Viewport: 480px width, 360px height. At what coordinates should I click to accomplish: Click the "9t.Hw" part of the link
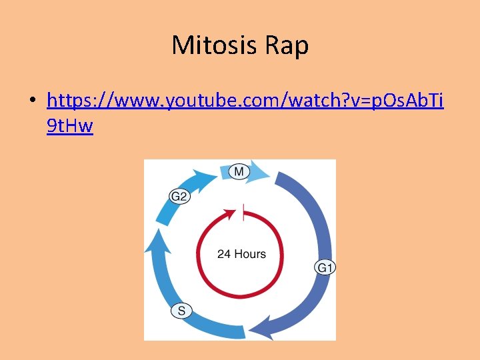pos(70,125)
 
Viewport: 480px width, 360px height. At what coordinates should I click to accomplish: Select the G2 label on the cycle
pos(179,197)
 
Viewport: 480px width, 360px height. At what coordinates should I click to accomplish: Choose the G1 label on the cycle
pos(325,268)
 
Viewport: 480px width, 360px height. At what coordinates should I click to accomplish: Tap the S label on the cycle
pos(182,310)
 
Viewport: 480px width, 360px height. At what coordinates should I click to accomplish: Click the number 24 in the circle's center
pos(224,254)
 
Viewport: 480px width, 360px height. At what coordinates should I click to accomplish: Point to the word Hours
pos(250,254)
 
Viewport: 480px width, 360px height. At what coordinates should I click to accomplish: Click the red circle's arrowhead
pos(231,214)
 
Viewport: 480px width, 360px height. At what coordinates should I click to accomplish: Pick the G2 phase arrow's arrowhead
pos(207,174)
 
